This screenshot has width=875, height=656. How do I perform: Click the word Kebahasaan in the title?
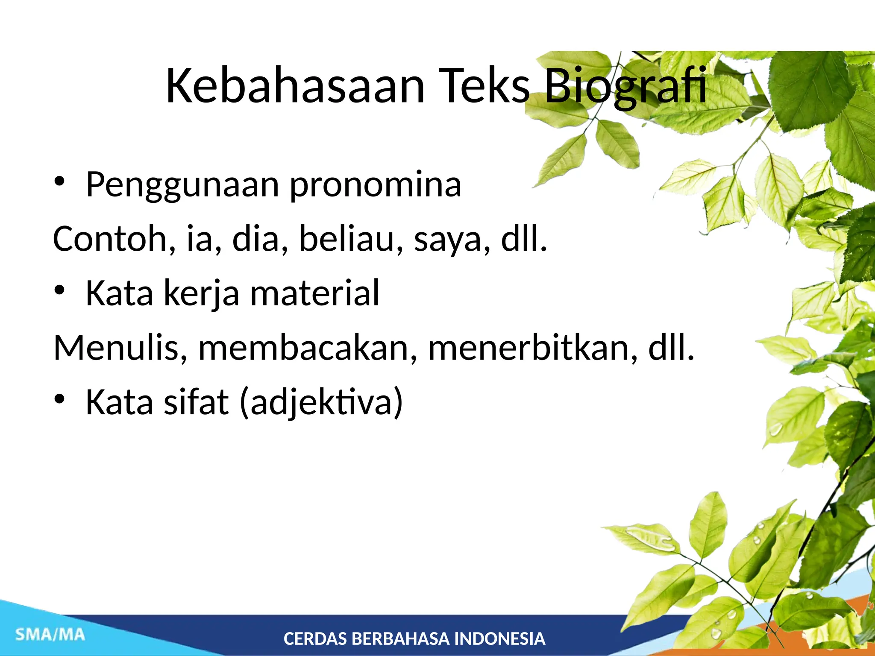click(295, 86)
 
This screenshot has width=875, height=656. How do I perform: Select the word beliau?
click(350, 239)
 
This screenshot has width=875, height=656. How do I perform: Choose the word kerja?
click(201, 294)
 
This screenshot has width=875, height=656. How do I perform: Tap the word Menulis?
click(120, 348)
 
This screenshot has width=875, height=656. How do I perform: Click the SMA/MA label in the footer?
click(50, 635)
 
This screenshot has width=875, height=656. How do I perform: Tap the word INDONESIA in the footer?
click(499, 639)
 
